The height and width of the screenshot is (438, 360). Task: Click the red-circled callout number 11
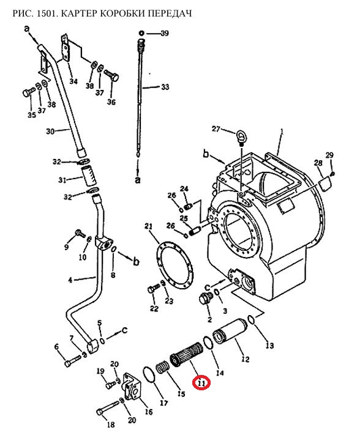coord(201,383)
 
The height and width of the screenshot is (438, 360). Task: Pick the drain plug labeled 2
coord(206,299)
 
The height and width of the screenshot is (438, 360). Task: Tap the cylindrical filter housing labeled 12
coord(230,332)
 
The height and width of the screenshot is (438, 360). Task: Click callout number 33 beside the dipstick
coord(165,87)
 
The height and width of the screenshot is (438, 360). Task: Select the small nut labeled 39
coord(141,33)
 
